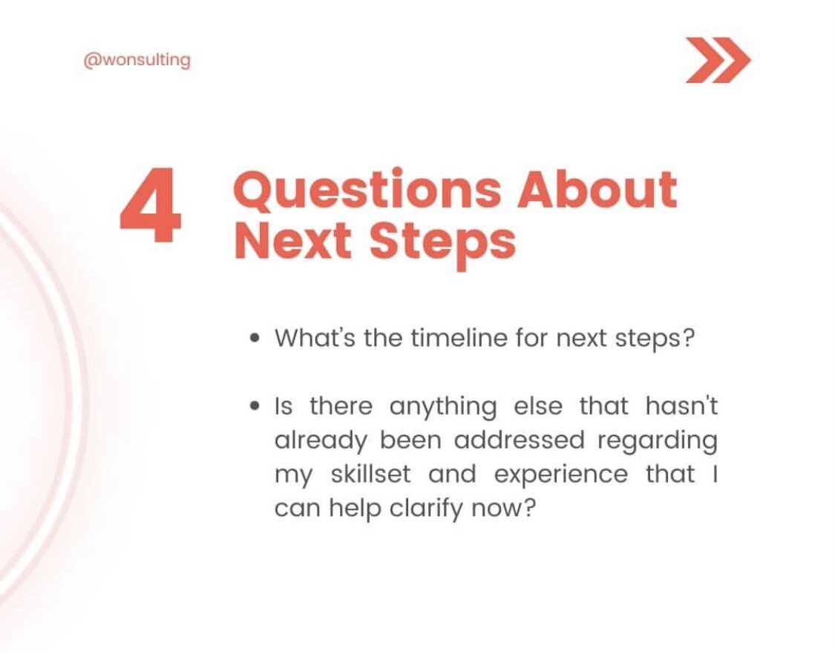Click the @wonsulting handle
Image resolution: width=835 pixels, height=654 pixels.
pyautogui.click(x=137, y=61)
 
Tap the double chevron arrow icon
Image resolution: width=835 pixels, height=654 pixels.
pyautogui.click(x=717, y=60)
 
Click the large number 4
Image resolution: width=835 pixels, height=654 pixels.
pyautogui.click(x=151, y=207)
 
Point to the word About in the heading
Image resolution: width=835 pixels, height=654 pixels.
pyautogui.click(x=597, y=189)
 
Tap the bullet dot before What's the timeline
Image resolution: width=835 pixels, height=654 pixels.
pyautogui.click(x=255, y=339)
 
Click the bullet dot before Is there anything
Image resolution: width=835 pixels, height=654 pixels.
pyautogui.click(x=255, y=406)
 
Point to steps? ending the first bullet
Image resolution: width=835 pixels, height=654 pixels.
pyautogui.click(x=655, y=339)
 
